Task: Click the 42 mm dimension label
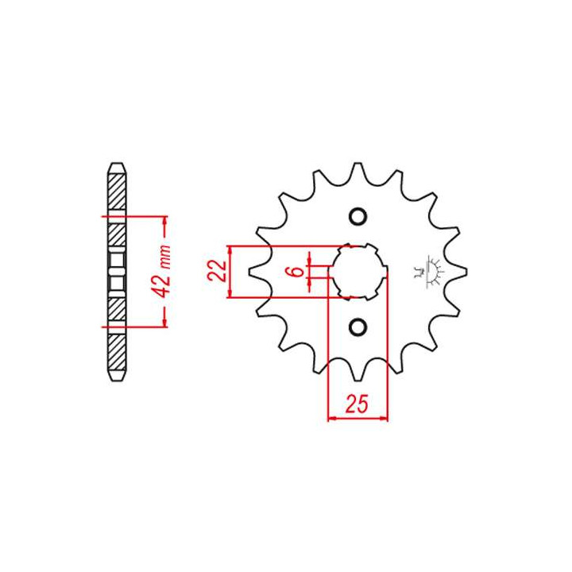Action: tap(164, 270)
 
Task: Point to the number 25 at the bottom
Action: tap(357, 404)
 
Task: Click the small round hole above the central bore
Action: tap(357, 217)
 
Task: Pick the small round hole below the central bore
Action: tap(357, 327)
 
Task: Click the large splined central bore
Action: tap(358, 271)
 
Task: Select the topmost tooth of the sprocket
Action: tap(357, 167)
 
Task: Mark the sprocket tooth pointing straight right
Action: tap(462, 272)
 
